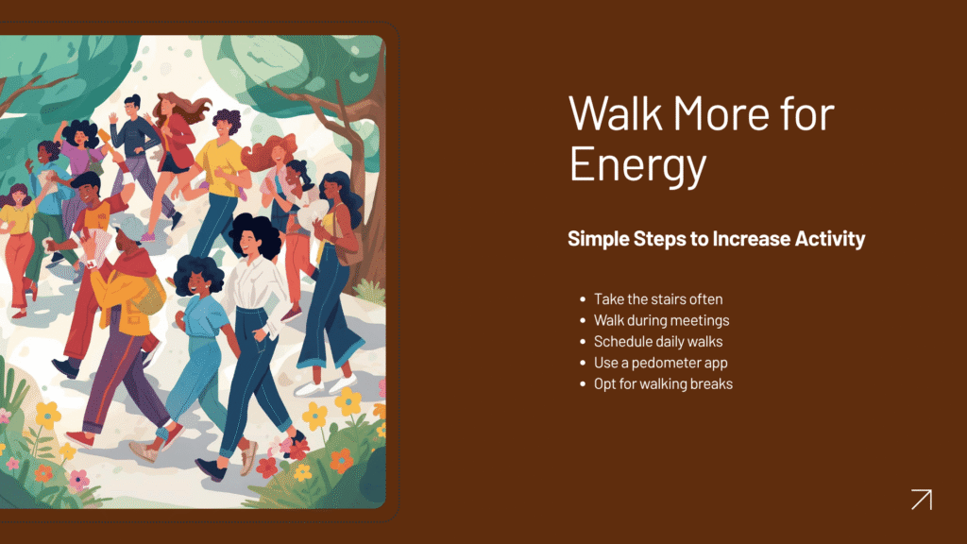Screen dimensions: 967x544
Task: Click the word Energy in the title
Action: [x=637, y=165]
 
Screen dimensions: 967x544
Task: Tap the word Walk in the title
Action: [x=616, y=113]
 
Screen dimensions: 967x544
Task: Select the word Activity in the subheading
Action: [x=830, y=239]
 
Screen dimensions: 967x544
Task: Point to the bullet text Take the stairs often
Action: [x=658, y=299]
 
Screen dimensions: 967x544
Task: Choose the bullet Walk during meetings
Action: [x=661, y=320]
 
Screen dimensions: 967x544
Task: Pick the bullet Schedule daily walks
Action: [x=658, y=341]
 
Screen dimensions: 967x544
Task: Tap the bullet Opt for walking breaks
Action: [x=663, y=383]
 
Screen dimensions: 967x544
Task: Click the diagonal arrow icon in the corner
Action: [x=922, y=500]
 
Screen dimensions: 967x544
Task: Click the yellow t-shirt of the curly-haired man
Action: [x=220, y=166]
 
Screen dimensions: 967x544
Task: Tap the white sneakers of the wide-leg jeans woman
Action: [x=325, y=386]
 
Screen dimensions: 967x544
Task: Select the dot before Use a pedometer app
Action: [x=583, y=363]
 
